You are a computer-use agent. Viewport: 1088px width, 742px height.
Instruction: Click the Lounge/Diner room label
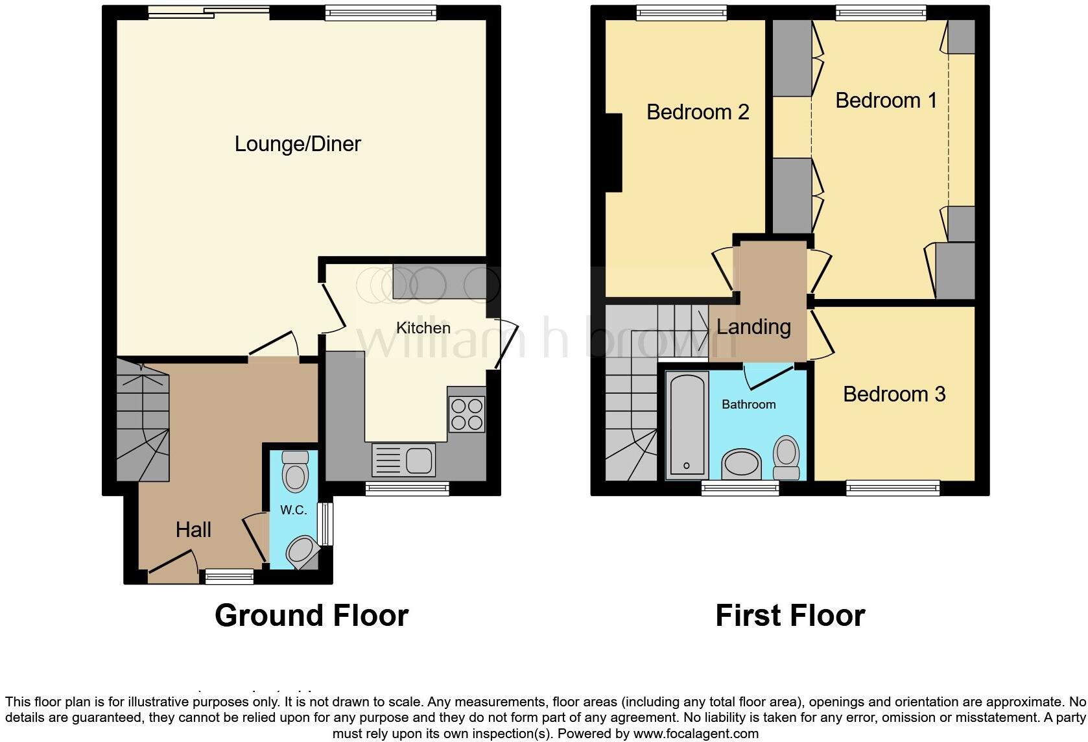[x=298, y=144]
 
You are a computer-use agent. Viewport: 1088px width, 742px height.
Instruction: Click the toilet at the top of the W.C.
[x=296, y=472]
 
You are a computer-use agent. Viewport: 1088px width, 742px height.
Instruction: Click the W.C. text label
[x=294, y=510]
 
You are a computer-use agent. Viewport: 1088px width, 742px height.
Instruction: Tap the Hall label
[x=193, y=530]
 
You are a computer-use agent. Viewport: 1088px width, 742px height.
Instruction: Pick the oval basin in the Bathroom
[x=742, y=464]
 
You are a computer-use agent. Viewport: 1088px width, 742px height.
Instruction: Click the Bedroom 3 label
[x=894, y=394]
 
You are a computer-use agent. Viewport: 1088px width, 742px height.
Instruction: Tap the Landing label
[x=753, y=327]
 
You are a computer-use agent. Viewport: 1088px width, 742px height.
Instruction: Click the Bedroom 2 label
[x=698, y=112]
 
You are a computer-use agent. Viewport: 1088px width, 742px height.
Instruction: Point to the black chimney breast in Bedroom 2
[x=613, y=152]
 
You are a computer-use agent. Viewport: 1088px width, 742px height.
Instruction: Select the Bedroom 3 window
[x=893, y=487]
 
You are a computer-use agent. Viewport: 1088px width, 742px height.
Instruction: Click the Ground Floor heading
[x=311, y=616]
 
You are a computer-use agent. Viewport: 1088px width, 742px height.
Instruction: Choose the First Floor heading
[x=790, y=616]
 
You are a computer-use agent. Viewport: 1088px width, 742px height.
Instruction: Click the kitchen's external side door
[x=506, y=344]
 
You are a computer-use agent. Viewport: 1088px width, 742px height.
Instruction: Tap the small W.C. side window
[x=328, y=524]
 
